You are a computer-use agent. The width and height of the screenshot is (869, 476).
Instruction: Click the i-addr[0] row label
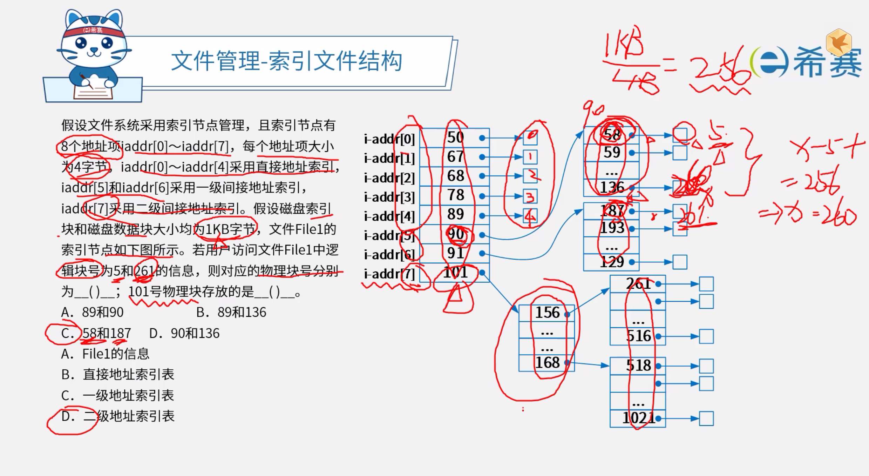[x=389, y=139]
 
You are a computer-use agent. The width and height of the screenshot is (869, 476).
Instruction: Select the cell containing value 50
[x=455, y=138]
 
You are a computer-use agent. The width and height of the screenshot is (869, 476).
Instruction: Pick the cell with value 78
[x=455, y=195]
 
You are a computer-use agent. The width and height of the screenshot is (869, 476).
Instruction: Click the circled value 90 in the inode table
[x=456, y=234]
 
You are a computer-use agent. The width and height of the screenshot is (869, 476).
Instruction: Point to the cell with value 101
[x=455, y=273]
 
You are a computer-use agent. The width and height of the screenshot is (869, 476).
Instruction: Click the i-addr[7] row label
[x=389, y=274]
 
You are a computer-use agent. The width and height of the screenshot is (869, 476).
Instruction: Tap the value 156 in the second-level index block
[x=547, y=313]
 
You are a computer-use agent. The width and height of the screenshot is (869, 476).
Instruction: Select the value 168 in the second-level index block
[x=547, y=363]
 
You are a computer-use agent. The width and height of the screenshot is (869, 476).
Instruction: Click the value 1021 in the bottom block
[x=638, y=418]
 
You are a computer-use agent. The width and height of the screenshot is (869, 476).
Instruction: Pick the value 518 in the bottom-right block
[x=638, y=366]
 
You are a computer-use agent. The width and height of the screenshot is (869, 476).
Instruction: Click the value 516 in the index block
[x=638, y=336]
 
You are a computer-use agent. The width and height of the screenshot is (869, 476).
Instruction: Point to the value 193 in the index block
[x=612, y=228]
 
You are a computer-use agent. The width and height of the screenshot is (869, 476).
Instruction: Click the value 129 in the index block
[x=612, y=262]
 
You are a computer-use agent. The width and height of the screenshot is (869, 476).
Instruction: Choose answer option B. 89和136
[x=231, y=312]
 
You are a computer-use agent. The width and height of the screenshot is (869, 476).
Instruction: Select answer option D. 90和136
[x=184, y=333]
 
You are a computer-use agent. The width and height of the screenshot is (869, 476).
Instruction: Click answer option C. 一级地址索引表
[x=118, y=396]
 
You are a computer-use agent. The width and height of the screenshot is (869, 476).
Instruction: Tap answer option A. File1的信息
[x=105, y=354]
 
